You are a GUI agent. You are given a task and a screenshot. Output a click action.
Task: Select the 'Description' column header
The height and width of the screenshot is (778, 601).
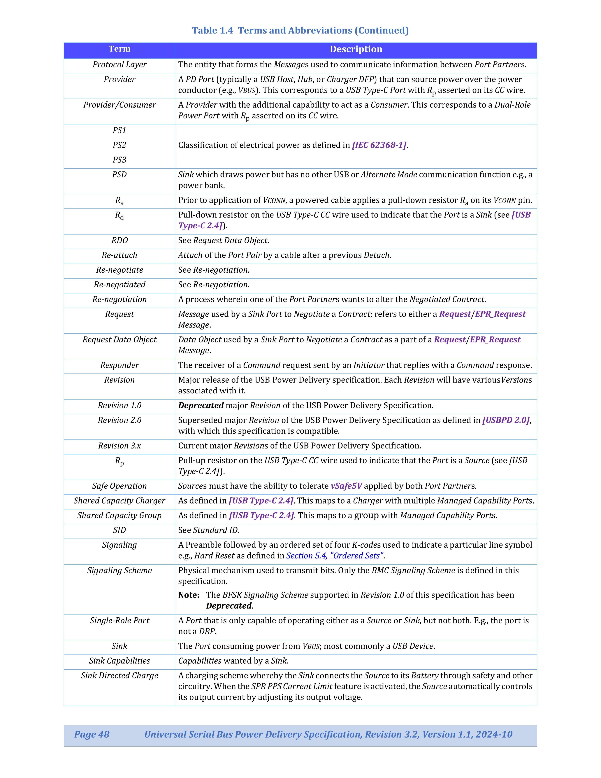click(x=356, y=49)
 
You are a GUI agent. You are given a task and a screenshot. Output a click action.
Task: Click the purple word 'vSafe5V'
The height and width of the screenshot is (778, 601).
click(x=346, y=486)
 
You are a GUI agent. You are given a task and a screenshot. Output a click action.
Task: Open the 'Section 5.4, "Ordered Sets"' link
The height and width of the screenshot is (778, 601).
click(x=335, y=556)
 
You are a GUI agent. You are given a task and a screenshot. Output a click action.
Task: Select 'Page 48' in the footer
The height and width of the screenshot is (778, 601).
click(x=92, y=734)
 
